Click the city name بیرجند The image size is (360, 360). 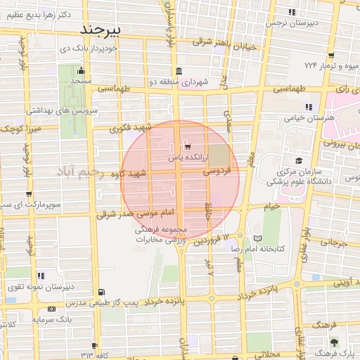101,30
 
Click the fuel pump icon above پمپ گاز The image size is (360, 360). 103,292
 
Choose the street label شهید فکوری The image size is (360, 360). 131,129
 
